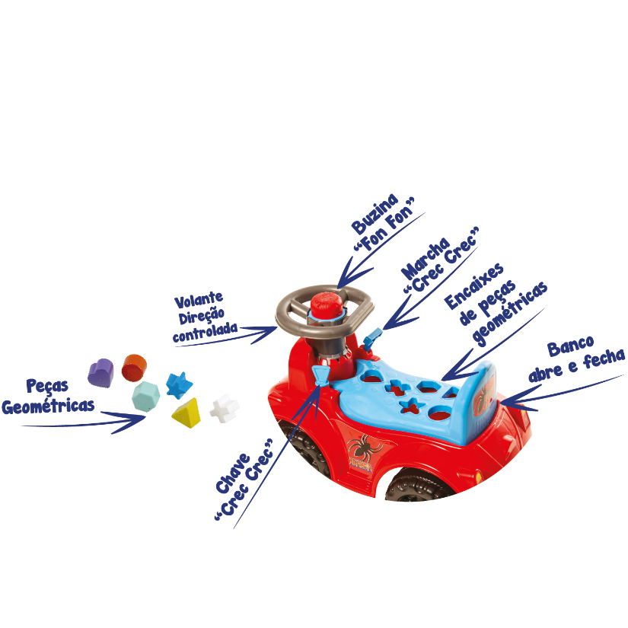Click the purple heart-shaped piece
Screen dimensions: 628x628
100,373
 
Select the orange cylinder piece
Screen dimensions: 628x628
134,368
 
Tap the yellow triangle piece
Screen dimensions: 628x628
186,413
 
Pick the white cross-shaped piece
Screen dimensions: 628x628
225,408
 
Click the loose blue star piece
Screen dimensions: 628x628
179,385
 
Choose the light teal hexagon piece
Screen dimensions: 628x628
146,397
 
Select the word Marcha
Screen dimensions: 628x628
426,259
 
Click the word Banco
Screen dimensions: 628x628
570,346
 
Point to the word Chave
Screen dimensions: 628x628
233,473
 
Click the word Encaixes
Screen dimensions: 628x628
473,286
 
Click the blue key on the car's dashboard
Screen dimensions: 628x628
320,375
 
